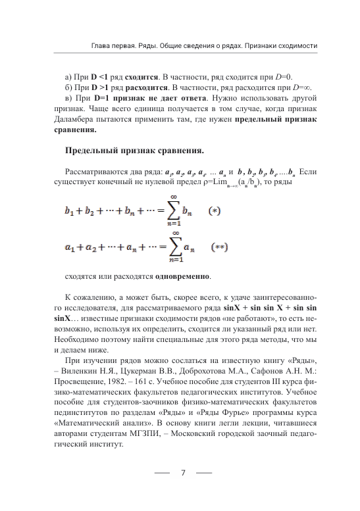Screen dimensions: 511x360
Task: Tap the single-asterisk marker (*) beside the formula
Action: (x=214, y=212)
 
